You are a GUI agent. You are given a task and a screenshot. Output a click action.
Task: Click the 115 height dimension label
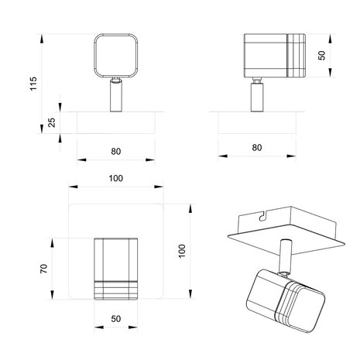point(33,83)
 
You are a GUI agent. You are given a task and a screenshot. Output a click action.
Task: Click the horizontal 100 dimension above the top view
point(115,180)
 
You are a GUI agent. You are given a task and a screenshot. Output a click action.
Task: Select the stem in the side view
point(256,96)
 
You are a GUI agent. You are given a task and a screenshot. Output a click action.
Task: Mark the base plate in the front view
point(115,122)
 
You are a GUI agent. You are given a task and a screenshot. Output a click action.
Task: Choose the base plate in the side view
point(256,122)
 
